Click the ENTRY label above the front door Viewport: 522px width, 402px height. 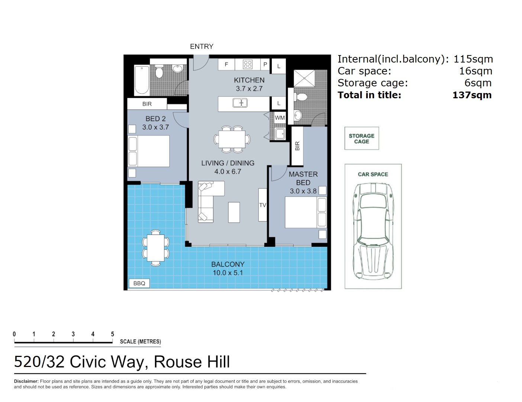tap(202, 47)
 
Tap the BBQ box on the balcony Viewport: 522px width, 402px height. tap(139, 283)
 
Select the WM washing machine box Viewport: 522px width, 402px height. tap(280, 118)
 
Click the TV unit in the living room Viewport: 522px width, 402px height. tap(262, 205)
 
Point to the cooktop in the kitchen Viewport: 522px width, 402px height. tap(247, 64)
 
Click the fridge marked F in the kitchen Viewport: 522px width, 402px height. tap(226, 64)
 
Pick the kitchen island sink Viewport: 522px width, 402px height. tap(240, 103)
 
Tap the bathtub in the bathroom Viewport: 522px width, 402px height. tap(142, 80)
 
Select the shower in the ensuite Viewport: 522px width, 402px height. tap(304, 79)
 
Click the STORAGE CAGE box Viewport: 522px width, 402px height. tap(361, 138)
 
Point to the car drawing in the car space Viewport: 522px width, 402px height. tap(373, 231)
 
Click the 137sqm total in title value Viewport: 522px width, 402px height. tap(472, 95)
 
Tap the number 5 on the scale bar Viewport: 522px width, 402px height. tap(112, 334)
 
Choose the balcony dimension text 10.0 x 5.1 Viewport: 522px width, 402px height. tap(228, 273)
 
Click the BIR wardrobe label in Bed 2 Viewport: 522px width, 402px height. tap(147, 104)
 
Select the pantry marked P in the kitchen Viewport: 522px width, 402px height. tap(265, 64)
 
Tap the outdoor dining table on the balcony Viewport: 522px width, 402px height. tap(156, 248)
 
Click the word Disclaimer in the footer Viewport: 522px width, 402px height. tap(26, 381)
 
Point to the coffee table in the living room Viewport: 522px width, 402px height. tap(234, 212)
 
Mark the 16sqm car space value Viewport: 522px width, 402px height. tap(476, 71)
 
